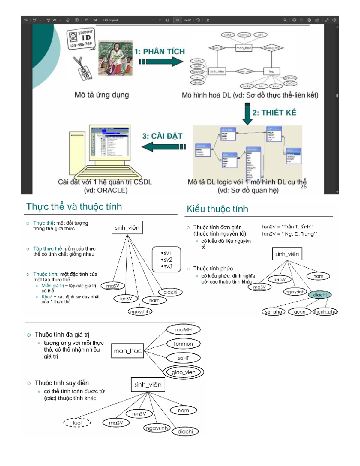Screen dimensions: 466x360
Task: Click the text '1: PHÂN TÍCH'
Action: tap(159, 52)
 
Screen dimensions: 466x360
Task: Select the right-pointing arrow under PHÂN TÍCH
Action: tap(161, 62)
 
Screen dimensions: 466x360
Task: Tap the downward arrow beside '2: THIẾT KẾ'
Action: tap(247, 114)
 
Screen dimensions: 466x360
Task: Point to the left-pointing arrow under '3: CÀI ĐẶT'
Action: tap(163, 147)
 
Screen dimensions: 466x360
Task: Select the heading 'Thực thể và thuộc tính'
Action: tap(74, 206)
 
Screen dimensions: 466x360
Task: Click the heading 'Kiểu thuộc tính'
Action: tap(217, 209)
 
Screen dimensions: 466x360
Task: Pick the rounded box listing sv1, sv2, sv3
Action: tap(166, 260)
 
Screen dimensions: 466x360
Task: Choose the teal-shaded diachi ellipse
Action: tap(320, 295)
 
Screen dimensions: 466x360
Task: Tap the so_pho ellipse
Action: tap(273, 312)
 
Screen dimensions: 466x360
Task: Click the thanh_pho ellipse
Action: tap(325, 312)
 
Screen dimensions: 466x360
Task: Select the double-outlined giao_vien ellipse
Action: tap(183, 372)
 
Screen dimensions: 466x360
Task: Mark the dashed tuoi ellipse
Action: tap(77, 422)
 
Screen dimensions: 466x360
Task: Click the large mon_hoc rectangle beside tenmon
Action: tap(127, 351)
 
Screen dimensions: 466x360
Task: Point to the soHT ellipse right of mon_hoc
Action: tap(183, 358)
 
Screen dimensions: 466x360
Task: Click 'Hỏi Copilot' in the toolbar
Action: tap(110, 20)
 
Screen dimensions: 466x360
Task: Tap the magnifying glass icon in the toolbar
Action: tap(285, 20)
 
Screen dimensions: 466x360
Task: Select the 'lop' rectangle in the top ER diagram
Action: tap(271, 71)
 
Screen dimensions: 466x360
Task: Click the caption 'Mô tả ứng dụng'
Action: tap(102, 95)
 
